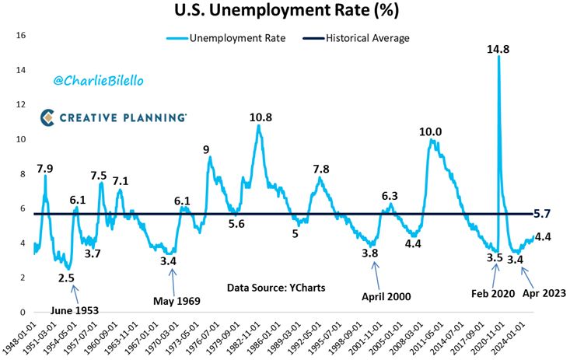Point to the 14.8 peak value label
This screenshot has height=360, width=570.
click(x=498, y=49)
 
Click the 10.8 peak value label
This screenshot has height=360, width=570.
click(x=261, y=117)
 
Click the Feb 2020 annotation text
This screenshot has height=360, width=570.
click(x=494, y=295)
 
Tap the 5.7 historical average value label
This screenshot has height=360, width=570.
click(x=545, y=212)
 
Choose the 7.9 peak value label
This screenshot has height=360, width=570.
click(x=45, y=169)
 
